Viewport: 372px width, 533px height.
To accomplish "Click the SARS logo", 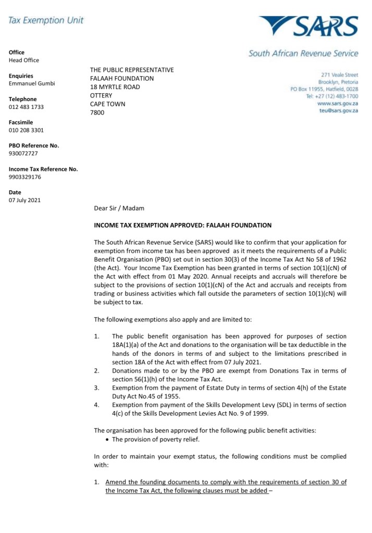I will tap(309, 26).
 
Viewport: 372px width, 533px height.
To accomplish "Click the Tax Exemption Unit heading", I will tap(46, 20).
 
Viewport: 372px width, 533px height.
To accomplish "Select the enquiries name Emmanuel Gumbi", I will tap(32, 83).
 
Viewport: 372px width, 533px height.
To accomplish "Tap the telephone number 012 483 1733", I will tap(26, 107).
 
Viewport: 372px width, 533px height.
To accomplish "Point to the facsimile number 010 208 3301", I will tap(26, 130).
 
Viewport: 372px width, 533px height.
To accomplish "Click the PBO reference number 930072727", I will tap(23, 153).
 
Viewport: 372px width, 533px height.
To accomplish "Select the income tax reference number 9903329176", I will tap(25, 177).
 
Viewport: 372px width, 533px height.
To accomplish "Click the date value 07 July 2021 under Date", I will tap(24, 200).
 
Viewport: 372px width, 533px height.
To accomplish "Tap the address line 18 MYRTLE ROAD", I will tap(115, 87).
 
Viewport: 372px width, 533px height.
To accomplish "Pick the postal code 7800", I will tap(97, 113).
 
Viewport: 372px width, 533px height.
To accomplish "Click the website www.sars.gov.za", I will tap(338, 104).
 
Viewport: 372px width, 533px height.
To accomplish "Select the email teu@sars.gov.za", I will tap(339, 111).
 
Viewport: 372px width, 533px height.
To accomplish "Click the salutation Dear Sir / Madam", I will tap(119, 208).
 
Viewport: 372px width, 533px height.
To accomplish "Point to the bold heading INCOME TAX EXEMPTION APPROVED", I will tap(182, 225).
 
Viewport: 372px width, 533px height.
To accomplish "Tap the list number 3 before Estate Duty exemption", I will tap(96, 388).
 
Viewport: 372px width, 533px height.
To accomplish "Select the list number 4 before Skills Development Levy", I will tap(96, 405).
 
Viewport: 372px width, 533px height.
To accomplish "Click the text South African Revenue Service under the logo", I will tap(303, 53).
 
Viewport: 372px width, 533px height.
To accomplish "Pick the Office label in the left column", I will tap(17, 52).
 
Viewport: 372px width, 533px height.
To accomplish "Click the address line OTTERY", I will tap(101, 95).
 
